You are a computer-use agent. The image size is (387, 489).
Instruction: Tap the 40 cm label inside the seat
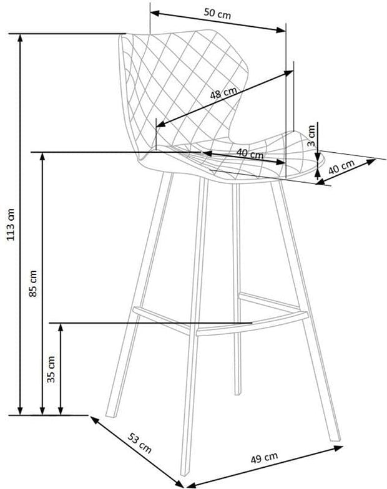(249, 152)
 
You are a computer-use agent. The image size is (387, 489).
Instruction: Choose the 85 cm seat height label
(34, 282)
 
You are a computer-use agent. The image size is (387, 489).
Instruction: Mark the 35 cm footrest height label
(52, 369)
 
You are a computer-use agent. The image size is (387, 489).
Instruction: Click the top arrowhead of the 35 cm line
(61, 327)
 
